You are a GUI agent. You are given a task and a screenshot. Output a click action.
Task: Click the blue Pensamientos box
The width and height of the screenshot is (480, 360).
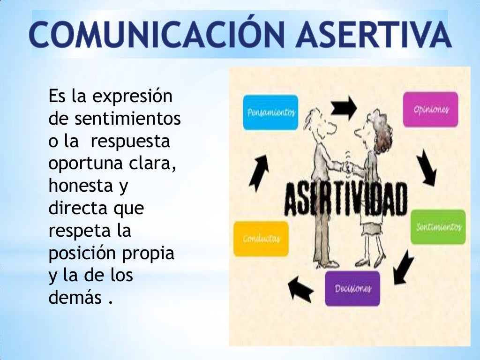click(270, 112)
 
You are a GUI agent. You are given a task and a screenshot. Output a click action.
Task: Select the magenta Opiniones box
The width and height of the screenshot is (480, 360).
click(431, 110)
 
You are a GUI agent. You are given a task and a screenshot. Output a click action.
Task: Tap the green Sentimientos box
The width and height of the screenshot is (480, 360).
click(438, 227)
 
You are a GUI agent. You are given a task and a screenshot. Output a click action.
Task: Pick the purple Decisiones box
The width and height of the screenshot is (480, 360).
click(352, 288)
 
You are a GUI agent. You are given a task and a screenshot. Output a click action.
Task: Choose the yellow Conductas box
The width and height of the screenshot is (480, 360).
click(261, 239)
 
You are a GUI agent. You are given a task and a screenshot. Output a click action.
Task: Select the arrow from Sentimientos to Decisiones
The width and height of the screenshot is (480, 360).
click(403, 268)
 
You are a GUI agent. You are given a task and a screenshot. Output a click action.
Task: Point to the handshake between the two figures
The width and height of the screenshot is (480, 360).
click(348, 166)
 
